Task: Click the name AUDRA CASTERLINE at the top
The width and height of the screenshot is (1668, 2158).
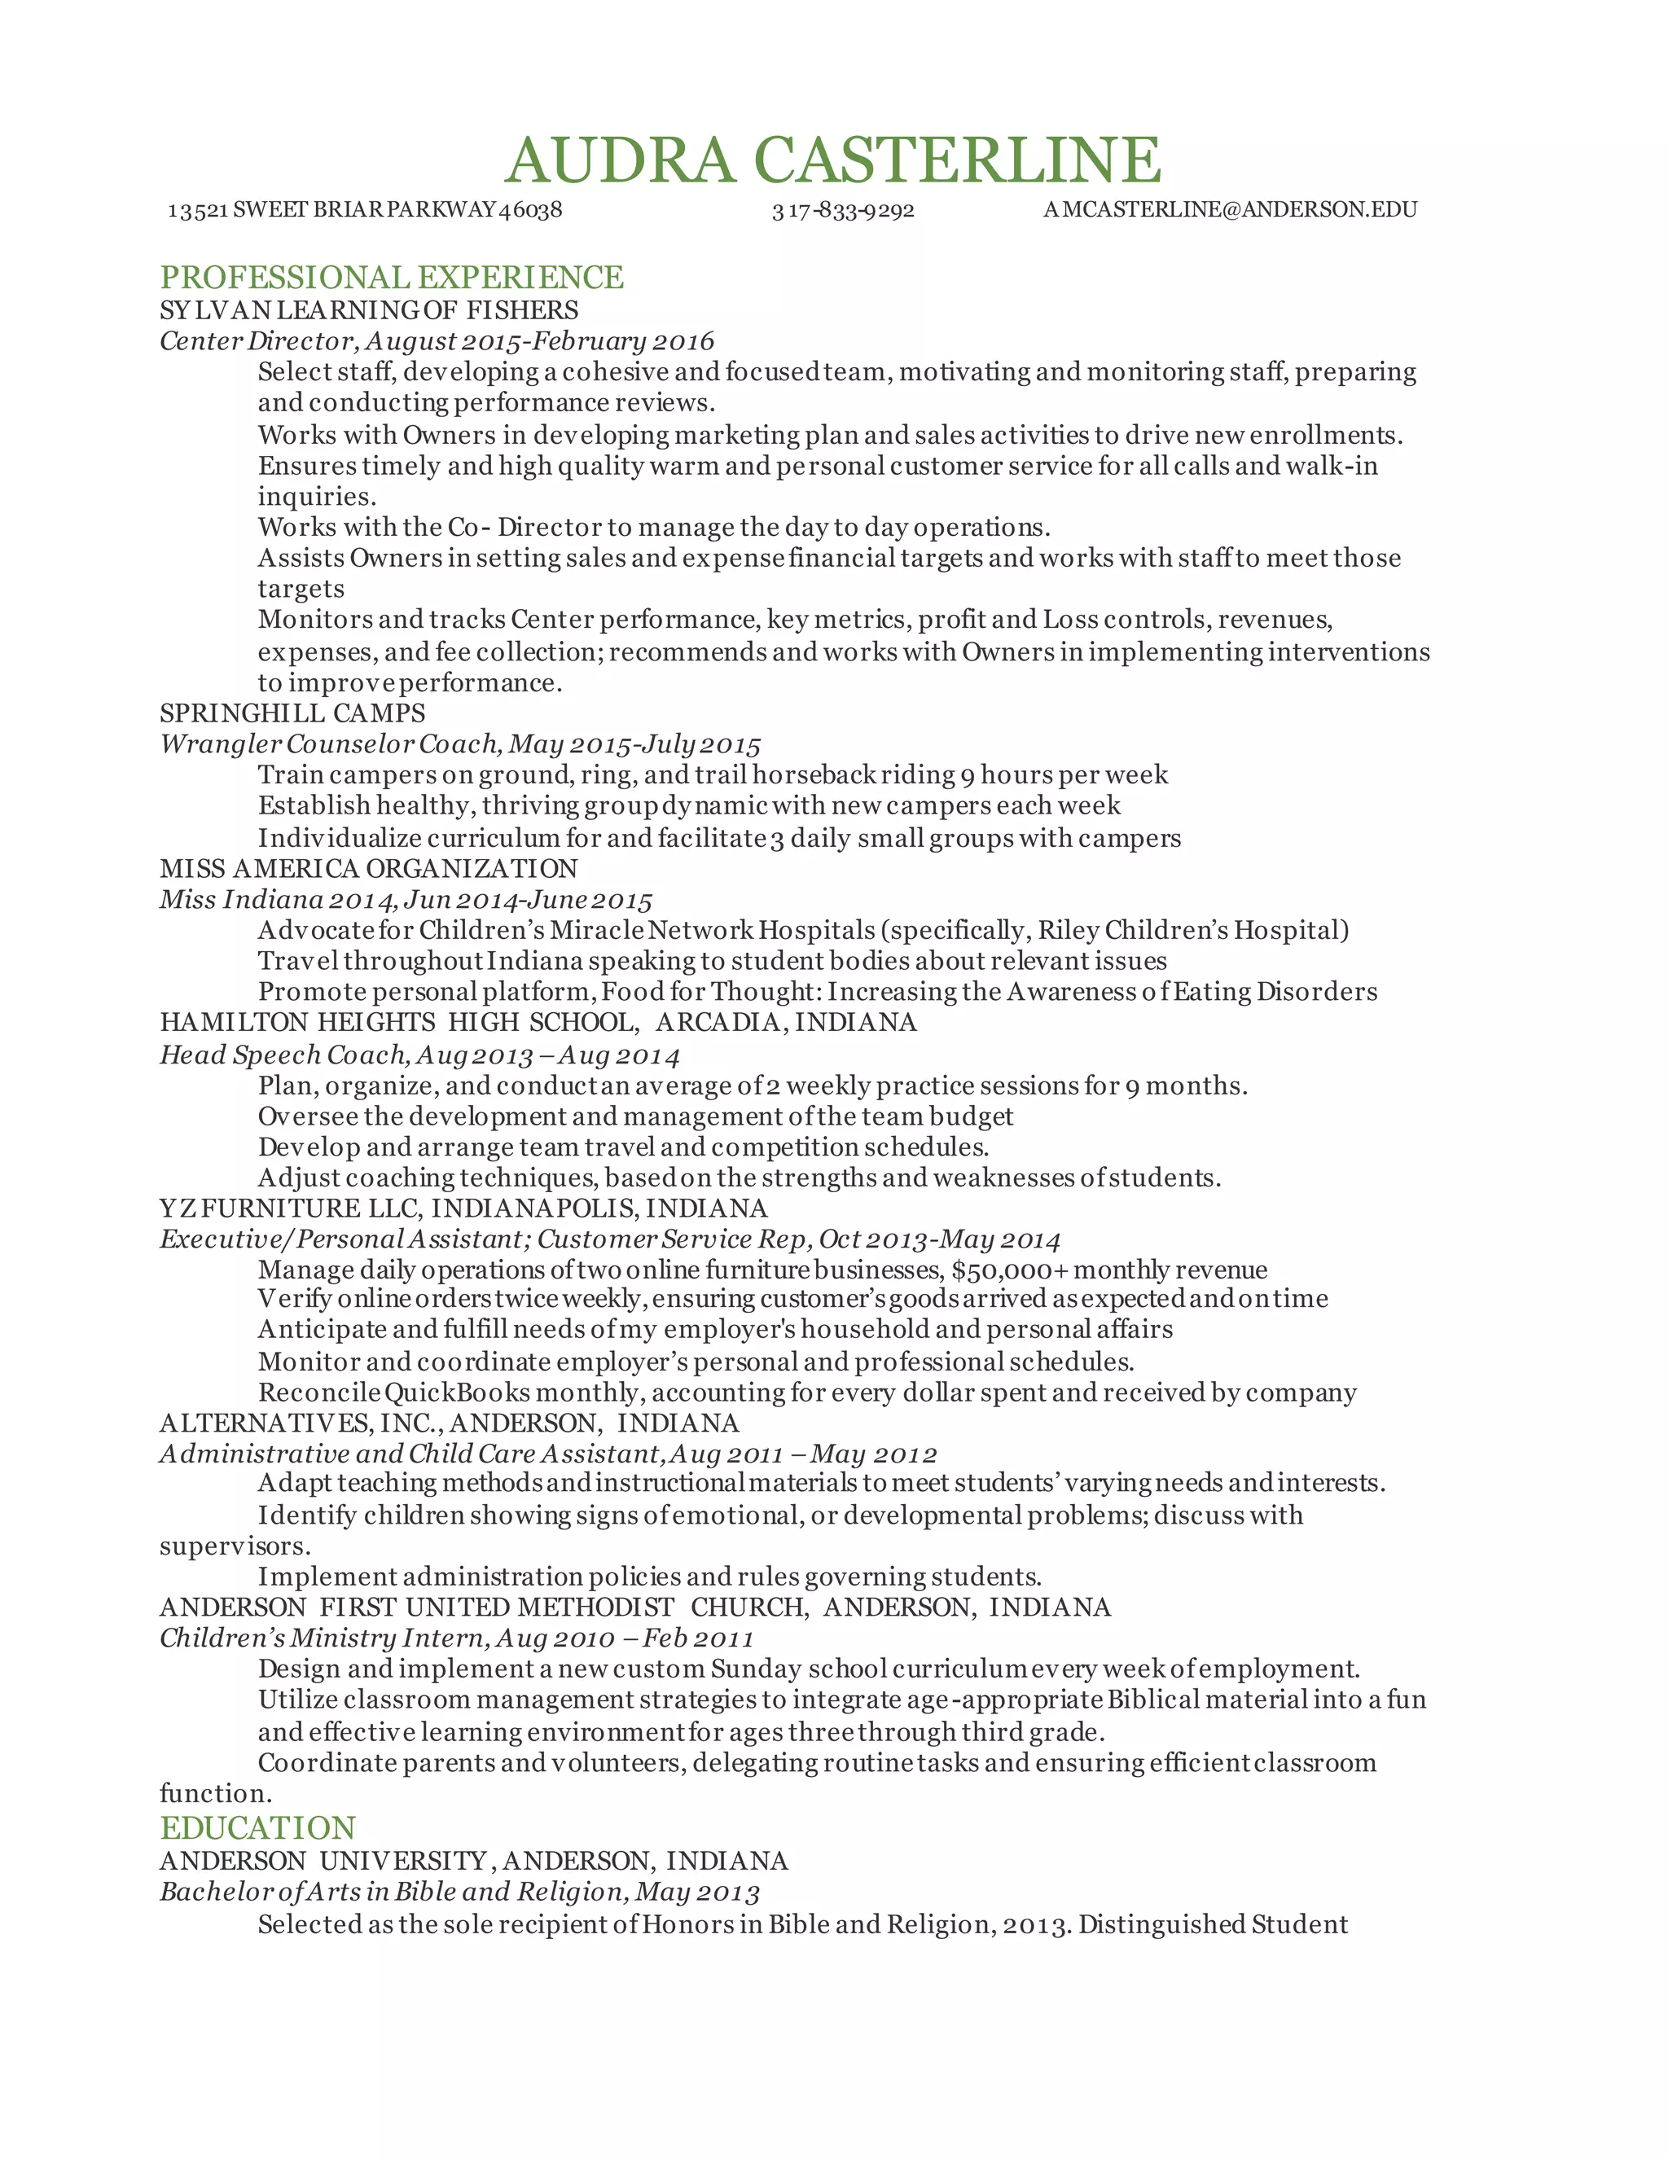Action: point(833,160)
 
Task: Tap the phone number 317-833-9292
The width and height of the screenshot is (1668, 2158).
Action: point(843,210)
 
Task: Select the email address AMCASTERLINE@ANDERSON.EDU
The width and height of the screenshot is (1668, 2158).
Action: point(1231,209)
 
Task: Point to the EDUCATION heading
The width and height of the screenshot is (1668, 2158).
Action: point(258,1828)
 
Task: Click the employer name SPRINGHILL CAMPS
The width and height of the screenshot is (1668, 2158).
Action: point(292,713)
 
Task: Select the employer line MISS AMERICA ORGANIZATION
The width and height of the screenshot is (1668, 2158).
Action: point(369,869)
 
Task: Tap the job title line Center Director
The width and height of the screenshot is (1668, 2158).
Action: point(437,342)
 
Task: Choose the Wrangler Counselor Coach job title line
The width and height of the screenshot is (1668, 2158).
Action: point(460,744)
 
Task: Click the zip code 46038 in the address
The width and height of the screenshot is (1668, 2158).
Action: point(531,210)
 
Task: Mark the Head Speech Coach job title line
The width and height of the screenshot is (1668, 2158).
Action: point(420,1055)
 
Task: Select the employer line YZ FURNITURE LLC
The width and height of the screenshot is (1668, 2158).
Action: point(463,1208)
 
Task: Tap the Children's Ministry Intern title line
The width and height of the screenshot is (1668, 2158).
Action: point(457,1638)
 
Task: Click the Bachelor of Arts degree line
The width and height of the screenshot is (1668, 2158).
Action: point(459,1893)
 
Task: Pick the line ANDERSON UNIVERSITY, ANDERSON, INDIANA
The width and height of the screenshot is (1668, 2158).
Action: point(473,1861)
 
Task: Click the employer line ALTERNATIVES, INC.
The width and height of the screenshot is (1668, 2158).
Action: point(449,1423)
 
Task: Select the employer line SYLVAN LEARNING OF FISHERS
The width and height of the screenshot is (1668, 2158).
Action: point(369,310)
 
